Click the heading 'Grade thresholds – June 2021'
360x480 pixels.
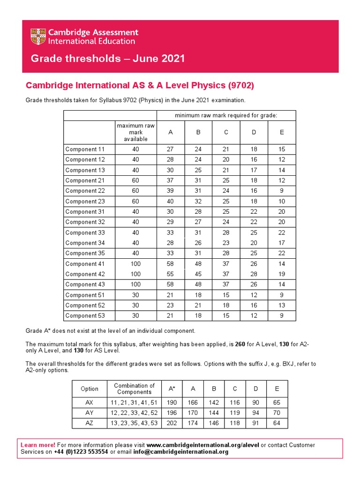click(x=107, y=59)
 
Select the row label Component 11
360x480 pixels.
click(x=85, y=150)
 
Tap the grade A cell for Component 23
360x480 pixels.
click(x=170, y=201)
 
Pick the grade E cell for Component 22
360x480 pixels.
click(x=282, y=191)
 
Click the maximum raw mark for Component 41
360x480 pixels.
click(x=135, y=264)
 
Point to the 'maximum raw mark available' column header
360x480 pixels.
click(x=135, y=132)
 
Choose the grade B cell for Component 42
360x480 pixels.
click(x=198, y=274)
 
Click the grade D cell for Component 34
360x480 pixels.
click(x=254, y=243)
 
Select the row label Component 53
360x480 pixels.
click(x=85, y=316)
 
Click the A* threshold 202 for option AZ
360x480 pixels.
click(x=172, y=423)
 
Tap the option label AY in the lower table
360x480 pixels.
click(x=90, y=413)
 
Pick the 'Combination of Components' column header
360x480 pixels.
click(x=134, y=389)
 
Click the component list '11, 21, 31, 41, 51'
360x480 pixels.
click(x=134, y=403)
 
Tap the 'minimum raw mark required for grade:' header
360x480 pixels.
click(x=226, y=116)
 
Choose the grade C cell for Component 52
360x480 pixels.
click(x=226, y=306)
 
